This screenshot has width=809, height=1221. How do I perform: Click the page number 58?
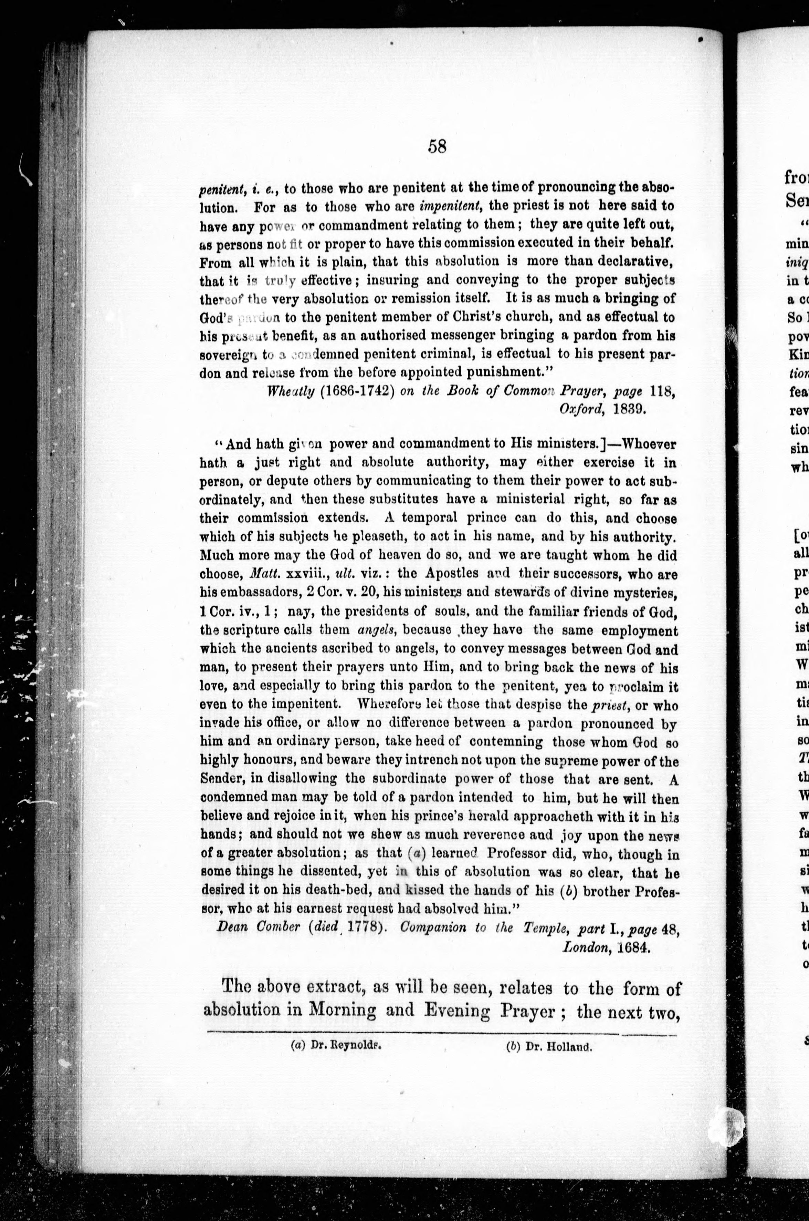(437, 147)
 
